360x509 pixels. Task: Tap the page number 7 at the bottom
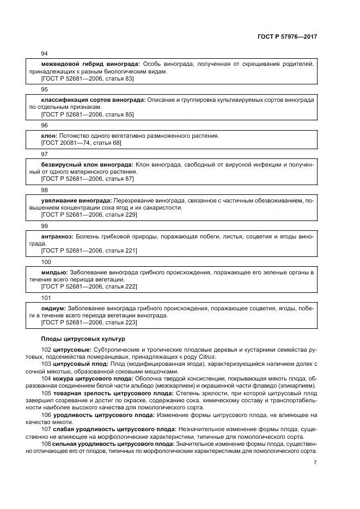click(315, 463)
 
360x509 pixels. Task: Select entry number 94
click(45, 53)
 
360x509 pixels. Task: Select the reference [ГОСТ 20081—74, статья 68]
click(81, 143)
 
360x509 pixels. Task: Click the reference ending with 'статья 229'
click(89, 214)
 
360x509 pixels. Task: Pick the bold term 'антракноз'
click(57, 236)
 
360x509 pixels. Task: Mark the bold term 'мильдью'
click(54, 272)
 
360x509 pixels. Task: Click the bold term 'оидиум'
click(53, 308)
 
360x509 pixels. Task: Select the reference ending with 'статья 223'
click(89, 322)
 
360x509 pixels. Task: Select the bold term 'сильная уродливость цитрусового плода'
click(112, 444)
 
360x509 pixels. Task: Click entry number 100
click(46, 261)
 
